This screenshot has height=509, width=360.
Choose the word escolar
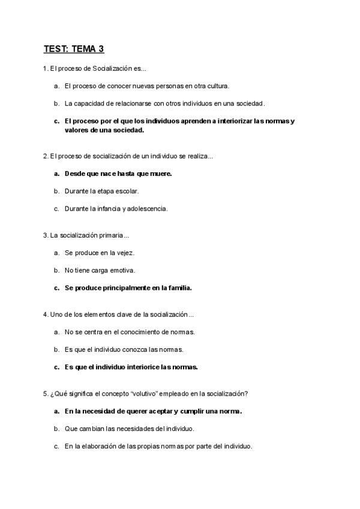[x=125, y=191]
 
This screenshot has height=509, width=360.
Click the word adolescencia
[x=148, y=209]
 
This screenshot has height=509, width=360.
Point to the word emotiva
[x=122, y=270]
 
